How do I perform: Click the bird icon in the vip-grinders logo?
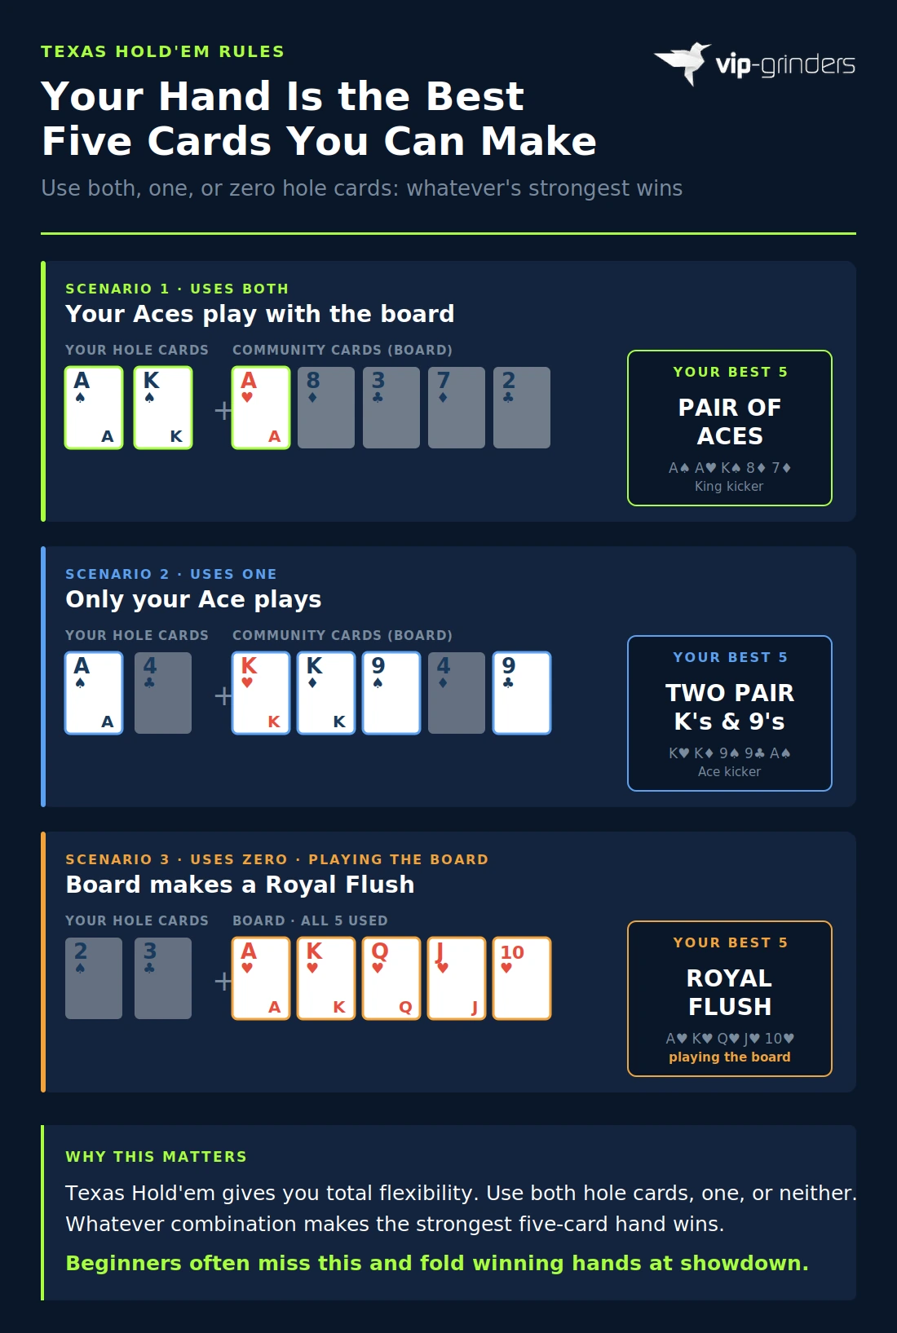coord(683,62)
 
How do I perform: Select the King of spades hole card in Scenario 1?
coord(163,408)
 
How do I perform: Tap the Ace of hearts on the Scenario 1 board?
coord(261,408)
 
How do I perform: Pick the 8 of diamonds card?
coord(326,408)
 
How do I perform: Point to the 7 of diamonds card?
coord(457,408)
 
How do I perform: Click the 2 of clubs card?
coord(522,408)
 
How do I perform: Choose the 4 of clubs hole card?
coord(163,693)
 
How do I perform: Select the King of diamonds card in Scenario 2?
coord(326,693)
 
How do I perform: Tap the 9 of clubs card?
coord(522,693)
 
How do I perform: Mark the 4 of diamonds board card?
coord(457,693)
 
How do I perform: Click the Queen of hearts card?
coord(391,978)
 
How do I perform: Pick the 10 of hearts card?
coord(522,978)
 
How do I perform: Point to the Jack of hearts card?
coord(457,978)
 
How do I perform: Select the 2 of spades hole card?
coord(94,978)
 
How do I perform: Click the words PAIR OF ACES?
coord(730,422)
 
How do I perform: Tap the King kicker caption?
coord(729,486)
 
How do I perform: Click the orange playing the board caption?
coord(730,1057)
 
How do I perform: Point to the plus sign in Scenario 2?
coord(223,695)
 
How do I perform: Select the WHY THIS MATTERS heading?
coord(156,1156)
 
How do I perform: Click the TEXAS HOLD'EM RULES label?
coord(162,51)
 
